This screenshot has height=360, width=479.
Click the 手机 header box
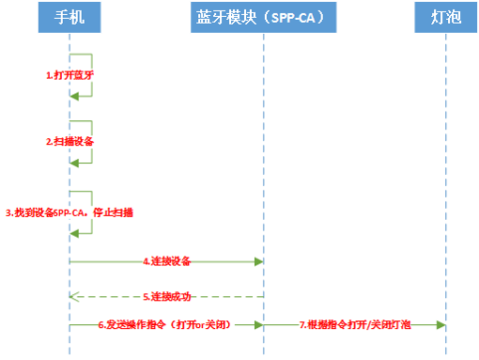pos(70,18)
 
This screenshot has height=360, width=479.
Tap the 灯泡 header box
pos(444,18)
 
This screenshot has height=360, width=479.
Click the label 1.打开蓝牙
pos(70,74)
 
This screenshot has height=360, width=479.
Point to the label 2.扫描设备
pos(70,141)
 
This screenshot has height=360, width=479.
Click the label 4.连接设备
pos(167,260)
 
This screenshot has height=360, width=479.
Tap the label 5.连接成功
pos(167,296)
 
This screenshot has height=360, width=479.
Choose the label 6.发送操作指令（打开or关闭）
pos(164,324)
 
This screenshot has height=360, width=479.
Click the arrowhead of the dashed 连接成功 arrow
pos(75,296)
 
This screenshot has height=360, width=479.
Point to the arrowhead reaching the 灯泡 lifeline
pos(440,324)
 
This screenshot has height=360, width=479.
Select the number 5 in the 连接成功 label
pos(146,296)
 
